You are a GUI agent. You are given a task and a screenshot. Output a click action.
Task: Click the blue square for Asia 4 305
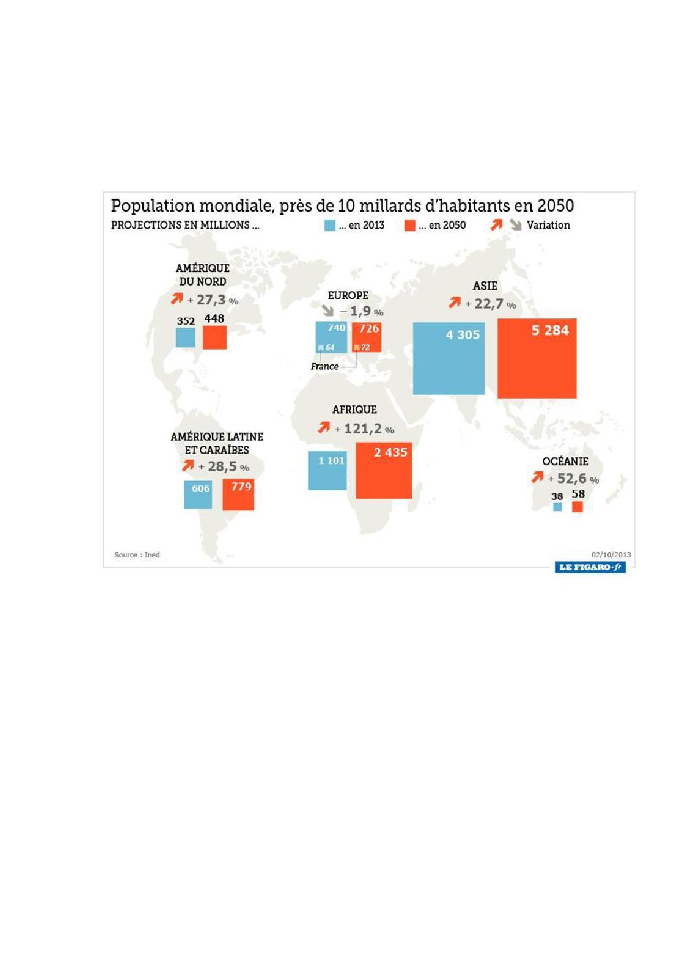(448, 358)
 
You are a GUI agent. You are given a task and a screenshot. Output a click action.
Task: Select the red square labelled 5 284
(537, 358)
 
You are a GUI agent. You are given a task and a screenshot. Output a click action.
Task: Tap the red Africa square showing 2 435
(384, 471)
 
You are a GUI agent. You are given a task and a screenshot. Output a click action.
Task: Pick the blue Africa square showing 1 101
(327, 471)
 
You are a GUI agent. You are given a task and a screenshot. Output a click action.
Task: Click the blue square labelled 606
(198, 494)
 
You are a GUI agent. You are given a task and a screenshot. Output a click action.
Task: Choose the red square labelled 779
(238, 494)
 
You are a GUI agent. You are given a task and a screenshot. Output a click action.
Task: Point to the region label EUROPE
(348, 295)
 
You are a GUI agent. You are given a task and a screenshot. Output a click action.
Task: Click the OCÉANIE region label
(565, 461)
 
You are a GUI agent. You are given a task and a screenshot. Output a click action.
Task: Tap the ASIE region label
(485, 286)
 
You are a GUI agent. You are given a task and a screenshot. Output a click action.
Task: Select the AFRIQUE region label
(355, 410)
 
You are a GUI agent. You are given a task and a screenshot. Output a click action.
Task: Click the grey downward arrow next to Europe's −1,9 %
(328, 311)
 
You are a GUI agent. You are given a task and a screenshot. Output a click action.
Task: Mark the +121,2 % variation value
(365, 429)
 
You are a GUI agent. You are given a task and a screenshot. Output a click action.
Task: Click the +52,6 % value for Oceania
(574, 479)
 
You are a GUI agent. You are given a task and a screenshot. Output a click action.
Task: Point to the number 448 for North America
(214, 319)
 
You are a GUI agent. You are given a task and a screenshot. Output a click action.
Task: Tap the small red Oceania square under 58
(577, 506)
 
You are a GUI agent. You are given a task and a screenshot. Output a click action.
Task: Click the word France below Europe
(324, 366)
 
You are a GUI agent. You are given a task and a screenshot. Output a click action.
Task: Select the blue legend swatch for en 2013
(329, 225)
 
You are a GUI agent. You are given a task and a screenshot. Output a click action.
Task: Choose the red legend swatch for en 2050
(410, 225)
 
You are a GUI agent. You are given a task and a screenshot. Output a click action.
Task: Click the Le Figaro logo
(590, 567)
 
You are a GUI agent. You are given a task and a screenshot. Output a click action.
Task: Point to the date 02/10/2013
(611, 555)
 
